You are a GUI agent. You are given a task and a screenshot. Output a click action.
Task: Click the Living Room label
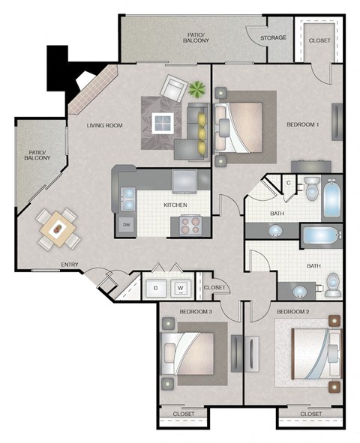pos(104,125)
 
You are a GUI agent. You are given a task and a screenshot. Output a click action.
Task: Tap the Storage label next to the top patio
pos(272,37)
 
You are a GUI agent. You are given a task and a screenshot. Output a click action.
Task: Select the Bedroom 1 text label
pos(303,125)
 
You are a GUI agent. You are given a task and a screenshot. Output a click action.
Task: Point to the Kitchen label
pos(175,205)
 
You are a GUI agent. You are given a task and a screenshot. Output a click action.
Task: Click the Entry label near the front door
pos(70,264)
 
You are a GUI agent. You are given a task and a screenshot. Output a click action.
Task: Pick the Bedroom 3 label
pos(195,311)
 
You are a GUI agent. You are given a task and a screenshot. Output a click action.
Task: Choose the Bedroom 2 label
pos(292,311)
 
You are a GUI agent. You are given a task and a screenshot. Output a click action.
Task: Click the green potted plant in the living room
pos(197,90)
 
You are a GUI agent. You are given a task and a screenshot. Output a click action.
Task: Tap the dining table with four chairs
pos(58,227)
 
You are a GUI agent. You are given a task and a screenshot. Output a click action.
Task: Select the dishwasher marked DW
pos(126,224)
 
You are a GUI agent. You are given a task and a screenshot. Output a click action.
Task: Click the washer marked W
pos(180,287)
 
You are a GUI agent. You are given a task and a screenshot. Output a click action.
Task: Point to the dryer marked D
pos(155,287)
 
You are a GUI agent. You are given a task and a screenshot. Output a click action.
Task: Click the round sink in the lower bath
pos(299,291)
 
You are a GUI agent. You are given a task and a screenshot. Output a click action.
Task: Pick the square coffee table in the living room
pos(162,123)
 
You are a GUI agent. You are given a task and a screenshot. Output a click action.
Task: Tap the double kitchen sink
pos(127,196)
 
